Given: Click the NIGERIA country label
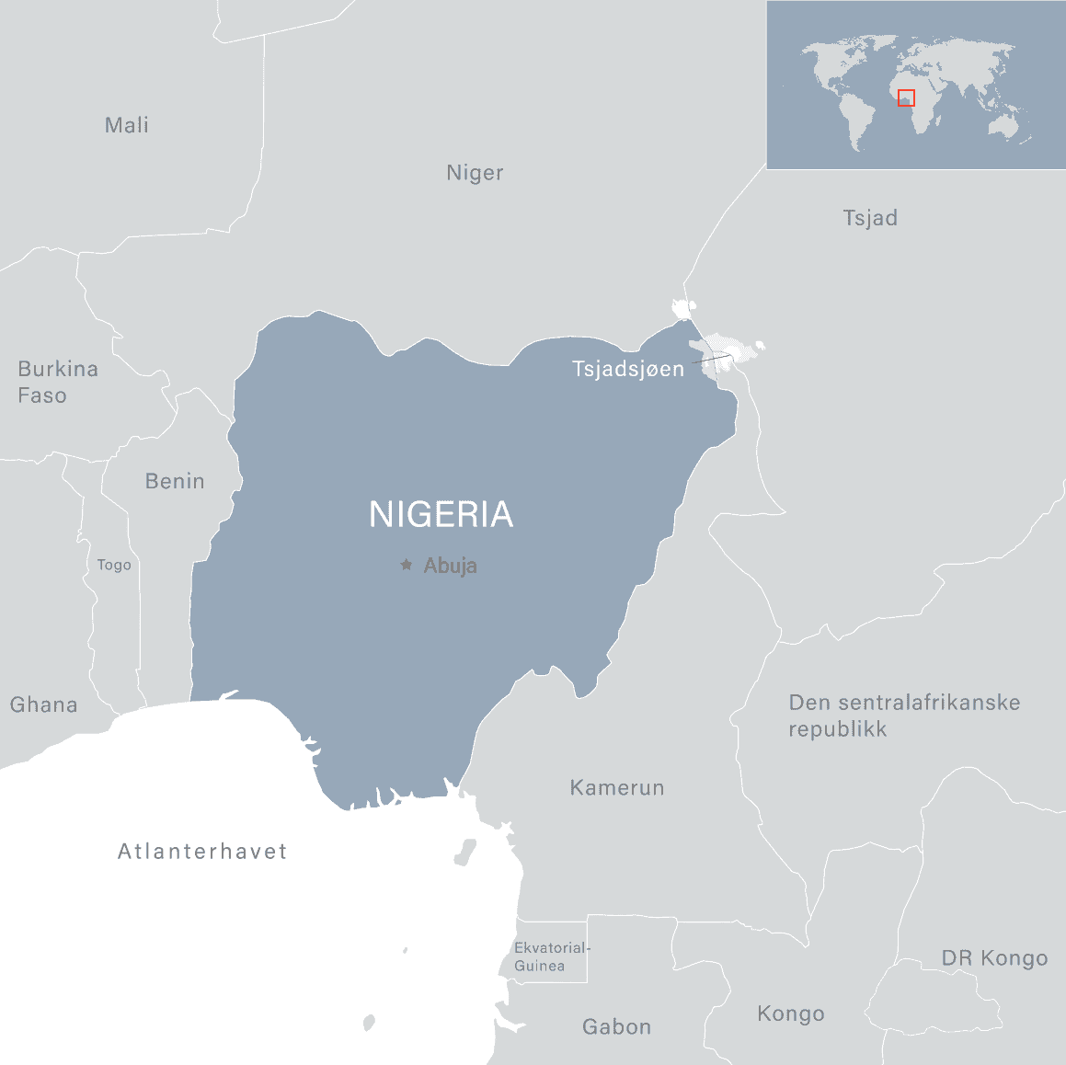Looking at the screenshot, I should point(441,515).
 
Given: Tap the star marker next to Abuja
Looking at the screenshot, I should point(406,565).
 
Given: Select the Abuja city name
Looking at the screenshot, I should point(450,566).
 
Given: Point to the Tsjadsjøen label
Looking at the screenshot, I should point(628,370).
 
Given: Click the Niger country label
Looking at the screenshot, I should point(475,173).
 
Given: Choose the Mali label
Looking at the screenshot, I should point(127,125).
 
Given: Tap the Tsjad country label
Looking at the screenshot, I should point(870,218).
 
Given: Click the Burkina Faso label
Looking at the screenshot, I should point(57,382).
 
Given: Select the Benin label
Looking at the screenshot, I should point(175,481).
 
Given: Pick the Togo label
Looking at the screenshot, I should point(114,565).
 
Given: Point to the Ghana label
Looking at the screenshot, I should point(43,705).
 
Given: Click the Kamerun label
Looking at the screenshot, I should point(616,788).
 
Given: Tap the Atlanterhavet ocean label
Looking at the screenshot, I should point(202,852).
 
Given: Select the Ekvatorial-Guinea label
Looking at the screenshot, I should point(551,956).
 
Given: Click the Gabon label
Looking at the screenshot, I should point(616,1027).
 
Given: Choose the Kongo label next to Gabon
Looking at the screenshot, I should point(790,1013).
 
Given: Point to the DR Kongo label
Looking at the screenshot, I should point(994,958).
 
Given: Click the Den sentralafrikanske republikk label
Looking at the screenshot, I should point(904,716).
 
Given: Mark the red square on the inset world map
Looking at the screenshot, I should point(906,98).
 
